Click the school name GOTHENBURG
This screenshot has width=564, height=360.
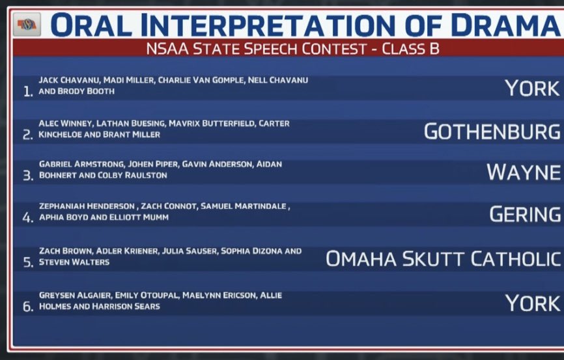click(x=492, y=131)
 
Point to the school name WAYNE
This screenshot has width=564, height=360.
click(x=523, y=173)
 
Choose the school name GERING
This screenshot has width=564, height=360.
click(x=525, y=214)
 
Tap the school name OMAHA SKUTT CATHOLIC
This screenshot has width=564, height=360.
click(x=443, y=258)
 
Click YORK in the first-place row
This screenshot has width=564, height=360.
click(x=532, y=89)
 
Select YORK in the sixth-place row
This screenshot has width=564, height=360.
click(x=532, y=303)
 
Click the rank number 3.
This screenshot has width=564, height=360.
click(x=27, y=176)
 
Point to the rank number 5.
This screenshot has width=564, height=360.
click(x=27, y=262)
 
